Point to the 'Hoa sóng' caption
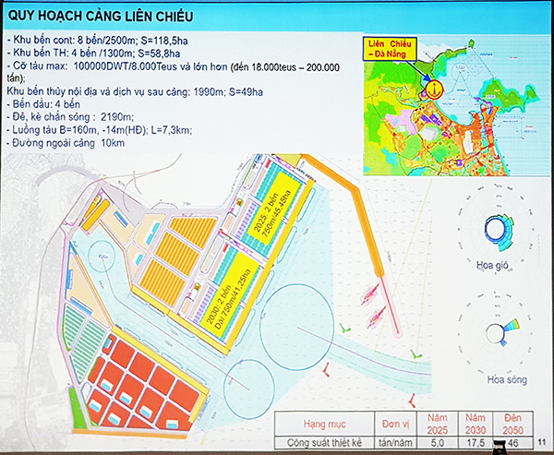pyautogui.click(x=499, y=380)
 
